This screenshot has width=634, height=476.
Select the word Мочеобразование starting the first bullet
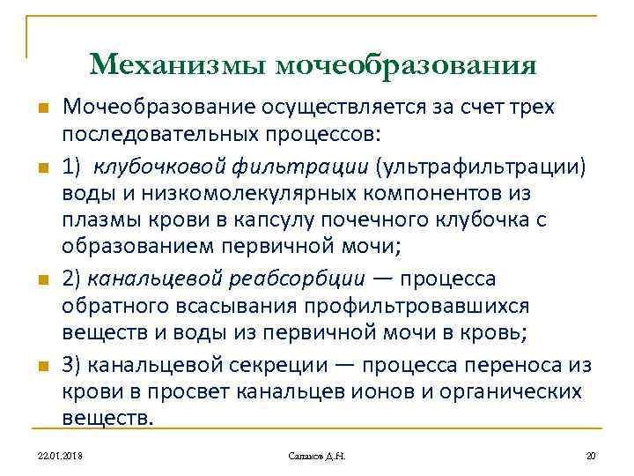157,108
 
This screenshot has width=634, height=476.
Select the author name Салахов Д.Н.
318,455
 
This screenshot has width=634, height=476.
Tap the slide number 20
591,455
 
